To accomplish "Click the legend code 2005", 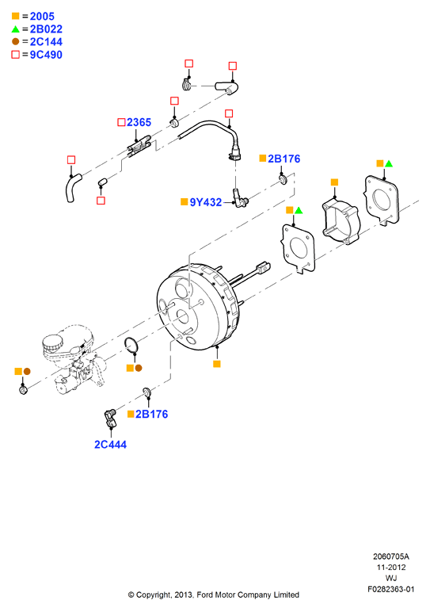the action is (x=42, y=17).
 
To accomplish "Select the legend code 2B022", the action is (x=46, y=29).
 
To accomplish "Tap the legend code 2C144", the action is (x=46, y=42).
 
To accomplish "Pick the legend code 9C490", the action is (x=46, y=55).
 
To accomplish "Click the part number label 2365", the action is (x=139, y=123).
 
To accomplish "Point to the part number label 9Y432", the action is (x=205, y=202).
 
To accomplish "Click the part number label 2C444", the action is (x=110, y=445).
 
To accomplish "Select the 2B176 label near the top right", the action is (x=283, y=159).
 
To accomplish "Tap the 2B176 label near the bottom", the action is (x=152, y=414).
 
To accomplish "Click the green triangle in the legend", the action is (x=16, y=29).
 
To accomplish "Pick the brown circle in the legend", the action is (x=16, y=42).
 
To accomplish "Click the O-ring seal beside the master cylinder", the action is (x=131, y=345).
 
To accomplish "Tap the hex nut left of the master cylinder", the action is (x=23, y=389).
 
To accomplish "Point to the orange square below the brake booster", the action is (x=217, y=364).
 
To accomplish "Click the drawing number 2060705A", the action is (x=391, y=557).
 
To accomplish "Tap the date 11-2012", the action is (x=391, y=568).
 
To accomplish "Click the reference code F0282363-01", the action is (x=391, y=589).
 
